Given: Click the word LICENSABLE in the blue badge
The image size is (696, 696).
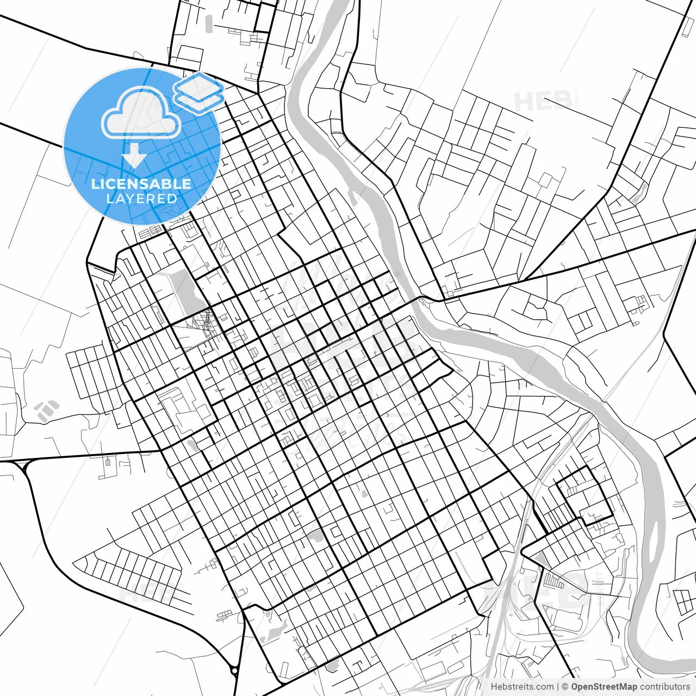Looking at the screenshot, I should tap(141, 184).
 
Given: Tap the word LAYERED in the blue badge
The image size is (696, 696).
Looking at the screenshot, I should tap(141, 198).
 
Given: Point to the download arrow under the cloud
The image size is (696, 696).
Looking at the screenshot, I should tap(134, 156).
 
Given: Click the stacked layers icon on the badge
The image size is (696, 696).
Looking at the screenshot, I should tap(198, 91).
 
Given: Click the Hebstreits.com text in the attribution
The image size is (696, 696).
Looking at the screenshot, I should tap(522, 687).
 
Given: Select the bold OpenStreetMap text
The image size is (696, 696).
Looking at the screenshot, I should tap(604, 687).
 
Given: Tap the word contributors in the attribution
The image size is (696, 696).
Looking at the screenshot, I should tap(664, 687).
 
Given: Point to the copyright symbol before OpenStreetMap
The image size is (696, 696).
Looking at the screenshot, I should tap(565, 687).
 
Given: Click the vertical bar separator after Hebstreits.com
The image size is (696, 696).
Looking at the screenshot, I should tap(558, 687).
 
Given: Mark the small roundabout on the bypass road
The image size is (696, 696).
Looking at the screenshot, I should tap(234, 670).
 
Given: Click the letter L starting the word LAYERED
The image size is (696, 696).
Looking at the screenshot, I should tap(110, 198).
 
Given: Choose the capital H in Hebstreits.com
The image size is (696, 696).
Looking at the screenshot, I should tap(494, 687).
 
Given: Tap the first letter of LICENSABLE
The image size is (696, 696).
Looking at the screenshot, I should tap(95, 184).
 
